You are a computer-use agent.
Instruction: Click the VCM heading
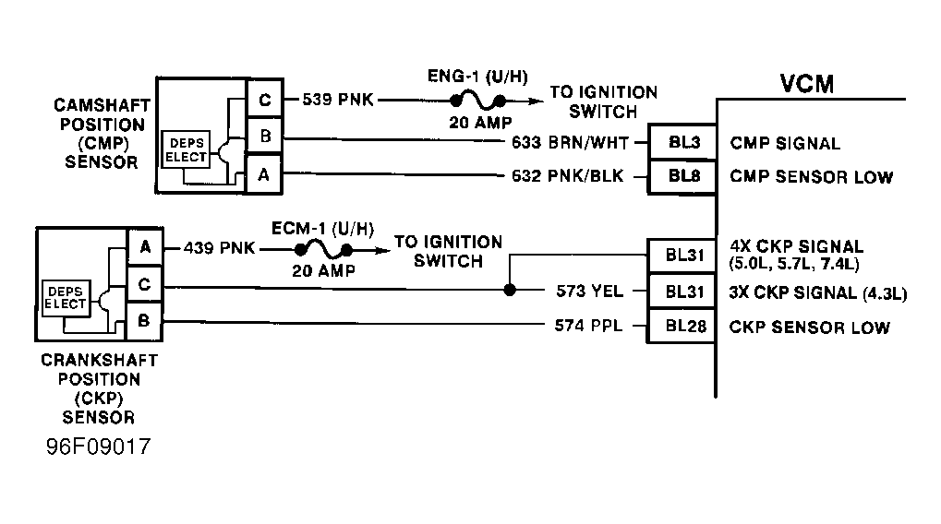pos(807,84)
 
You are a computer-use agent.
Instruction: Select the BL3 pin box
pos(682,142)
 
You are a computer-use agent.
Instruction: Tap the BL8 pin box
pos(682,176)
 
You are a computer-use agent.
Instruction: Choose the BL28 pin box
pos(682,326)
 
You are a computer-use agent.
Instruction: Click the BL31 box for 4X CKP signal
pos(682,256)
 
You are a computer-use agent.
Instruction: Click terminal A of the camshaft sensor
pos(264,174)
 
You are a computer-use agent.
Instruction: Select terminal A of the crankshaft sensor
pos(145,246)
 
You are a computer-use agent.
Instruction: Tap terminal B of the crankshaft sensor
pos(144,321)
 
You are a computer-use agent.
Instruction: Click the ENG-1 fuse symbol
pos(477,101)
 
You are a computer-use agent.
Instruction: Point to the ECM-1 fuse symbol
pos(323,249)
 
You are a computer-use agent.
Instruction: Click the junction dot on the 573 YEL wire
pos(510,291)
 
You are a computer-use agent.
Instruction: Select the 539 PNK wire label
pos(338,100)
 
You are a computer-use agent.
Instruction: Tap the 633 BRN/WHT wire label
pos(570,143)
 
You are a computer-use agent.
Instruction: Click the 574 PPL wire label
pos(588,326)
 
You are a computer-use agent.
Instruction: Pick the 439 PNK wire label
pos(219,248)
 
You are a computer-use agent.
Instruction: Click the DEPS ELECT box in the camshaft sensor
pos(186,149)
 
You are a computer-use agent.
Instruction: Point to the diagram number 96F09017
pos(99,447)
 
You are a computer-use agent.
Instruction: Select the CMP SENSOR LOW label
pos(812,177)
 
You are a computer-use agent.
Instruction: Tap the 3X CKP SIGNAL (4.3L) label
pos(818,292)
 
